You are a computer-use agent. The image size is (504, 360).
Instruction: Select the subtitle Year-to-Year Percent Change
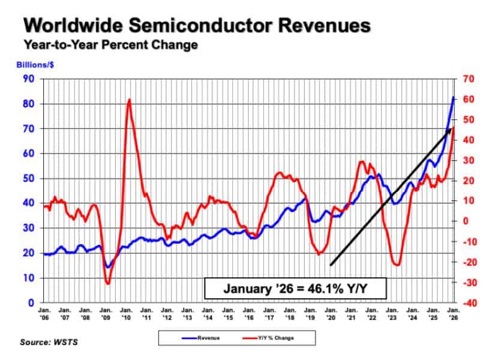pyautogui.click(x=111, y=45)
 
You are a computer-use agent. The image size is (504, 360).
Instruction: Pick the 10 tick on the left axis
pyautogui.click(x=28, y=278)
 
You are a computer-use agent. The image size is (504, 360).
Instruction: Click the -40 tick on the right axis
pyautogui.click(x=469, y=303)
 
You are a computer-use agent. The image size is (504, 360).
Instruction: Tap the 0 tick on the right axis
pyautogui.click(x=466, y=221)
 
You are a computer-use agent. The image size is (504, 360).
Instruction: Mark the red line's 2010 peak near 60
pyautogui.click(x=129, y=100)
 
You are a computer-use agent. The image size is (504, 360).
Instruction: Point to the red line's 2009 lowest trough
pyautogui.click(x=107, y=283)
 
